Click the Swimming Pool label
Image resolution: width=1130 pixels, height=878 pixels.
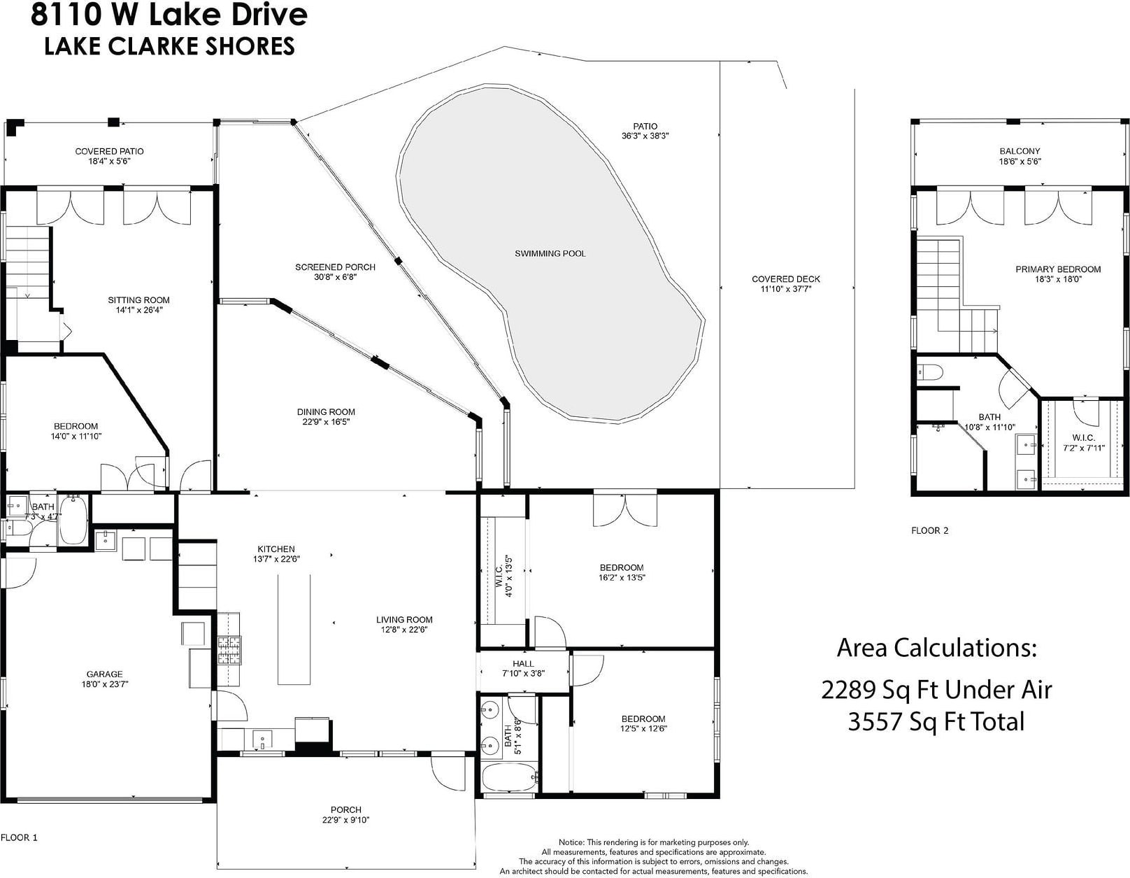pos(550,254)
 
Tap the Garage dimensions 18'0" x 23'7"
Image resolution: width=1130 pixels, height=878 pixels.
pos(104,684)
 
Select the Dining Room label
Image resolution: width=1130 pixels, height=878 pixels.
pos(326,412)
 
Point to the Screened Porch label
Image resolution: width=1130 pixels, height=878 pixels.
pos(335,267)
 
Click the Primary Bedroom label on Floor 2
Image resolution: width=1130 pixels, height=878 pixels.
pos(1058,269)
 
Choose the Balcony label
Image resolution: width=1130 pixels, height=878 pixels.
pos(1020,151)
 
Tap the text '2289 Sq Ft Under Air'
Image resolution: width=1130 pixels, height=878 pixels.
pos(936,690)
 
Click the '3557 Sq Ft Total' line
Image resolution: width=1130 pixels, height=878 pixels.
pos(936,721)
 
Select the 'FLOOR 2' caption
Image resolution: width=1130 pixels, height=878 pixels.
pos(930,530)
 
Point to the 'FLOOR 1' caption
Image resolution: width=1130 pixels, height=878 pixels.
pos(20,837)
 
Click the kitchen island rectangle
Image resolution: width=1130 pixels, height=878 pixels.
pos(294,630)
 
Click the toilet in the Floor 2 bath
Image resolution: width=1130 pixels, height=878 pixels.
pos(930,372)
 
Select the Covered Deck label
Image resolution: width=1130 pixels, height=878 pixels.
pos(786,279)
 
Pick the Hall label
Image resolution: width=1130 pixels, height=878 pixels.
pos(523,664)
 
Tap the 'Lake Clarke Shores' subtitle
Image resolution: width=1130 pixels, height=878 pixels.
pos(169,45)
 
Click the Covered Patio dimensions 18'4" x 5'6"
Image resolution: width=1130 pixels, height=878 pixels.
pos(109,161)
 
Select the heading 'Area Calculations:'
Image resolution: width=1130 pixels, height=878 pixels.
pos(936,648)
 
